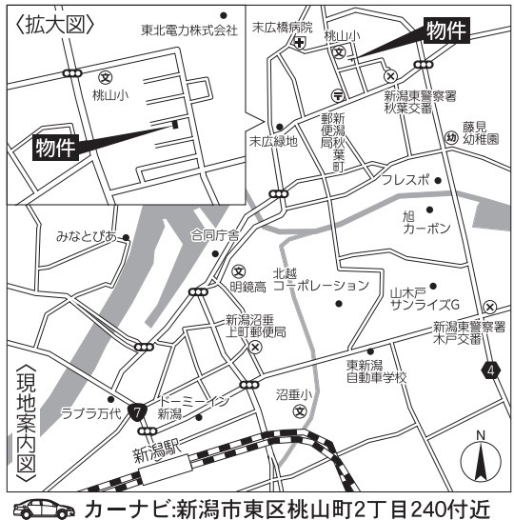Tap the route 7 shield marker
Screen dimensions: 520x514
(139, 412)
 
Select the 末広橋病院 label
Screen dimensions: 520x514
(282, 28)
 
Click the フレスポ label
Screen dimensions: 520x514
(405, 179)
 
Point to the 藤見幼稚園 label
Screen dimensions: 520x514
(481, 131)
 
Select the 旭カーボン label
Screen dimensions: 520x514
(425, 223)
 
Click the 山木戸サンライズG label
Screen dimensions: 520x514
(425, 297)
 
